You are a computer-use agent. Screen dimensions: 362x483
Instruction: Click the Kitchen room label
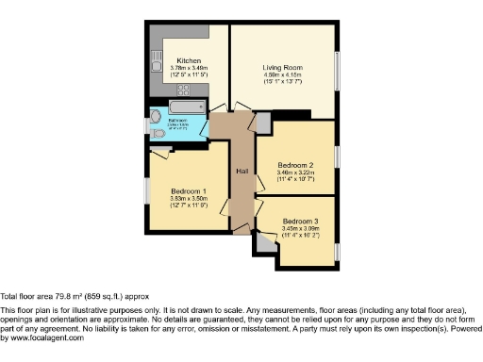click(189, 59)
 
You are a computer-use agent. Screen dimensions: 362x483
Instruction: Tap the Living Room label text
click(283, 68)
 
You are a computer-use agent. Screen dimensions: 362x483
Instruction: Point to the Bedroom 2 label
click(295, 165)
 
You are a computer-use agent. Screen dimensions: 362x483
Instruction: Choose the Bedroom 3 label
click(302, 222)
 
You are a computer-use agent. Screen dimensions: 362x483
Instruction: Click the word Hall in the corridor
click(241, 171)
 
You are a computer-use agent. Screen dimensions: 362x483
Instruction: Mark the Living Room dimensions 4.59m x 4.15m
click(283, 76)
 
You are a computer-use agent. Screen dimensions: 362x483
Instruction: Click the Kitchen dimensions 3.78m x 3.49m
click(189, 68)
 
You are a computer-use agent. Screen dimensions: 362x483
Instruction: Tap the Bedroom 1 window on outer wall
click(145, 189)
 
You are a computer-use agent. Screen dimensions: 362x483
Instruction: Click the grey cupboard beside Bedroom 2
click(263, 123)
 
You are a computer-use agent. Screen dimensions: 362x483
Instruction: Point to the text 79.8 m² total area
click(58, 293)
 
